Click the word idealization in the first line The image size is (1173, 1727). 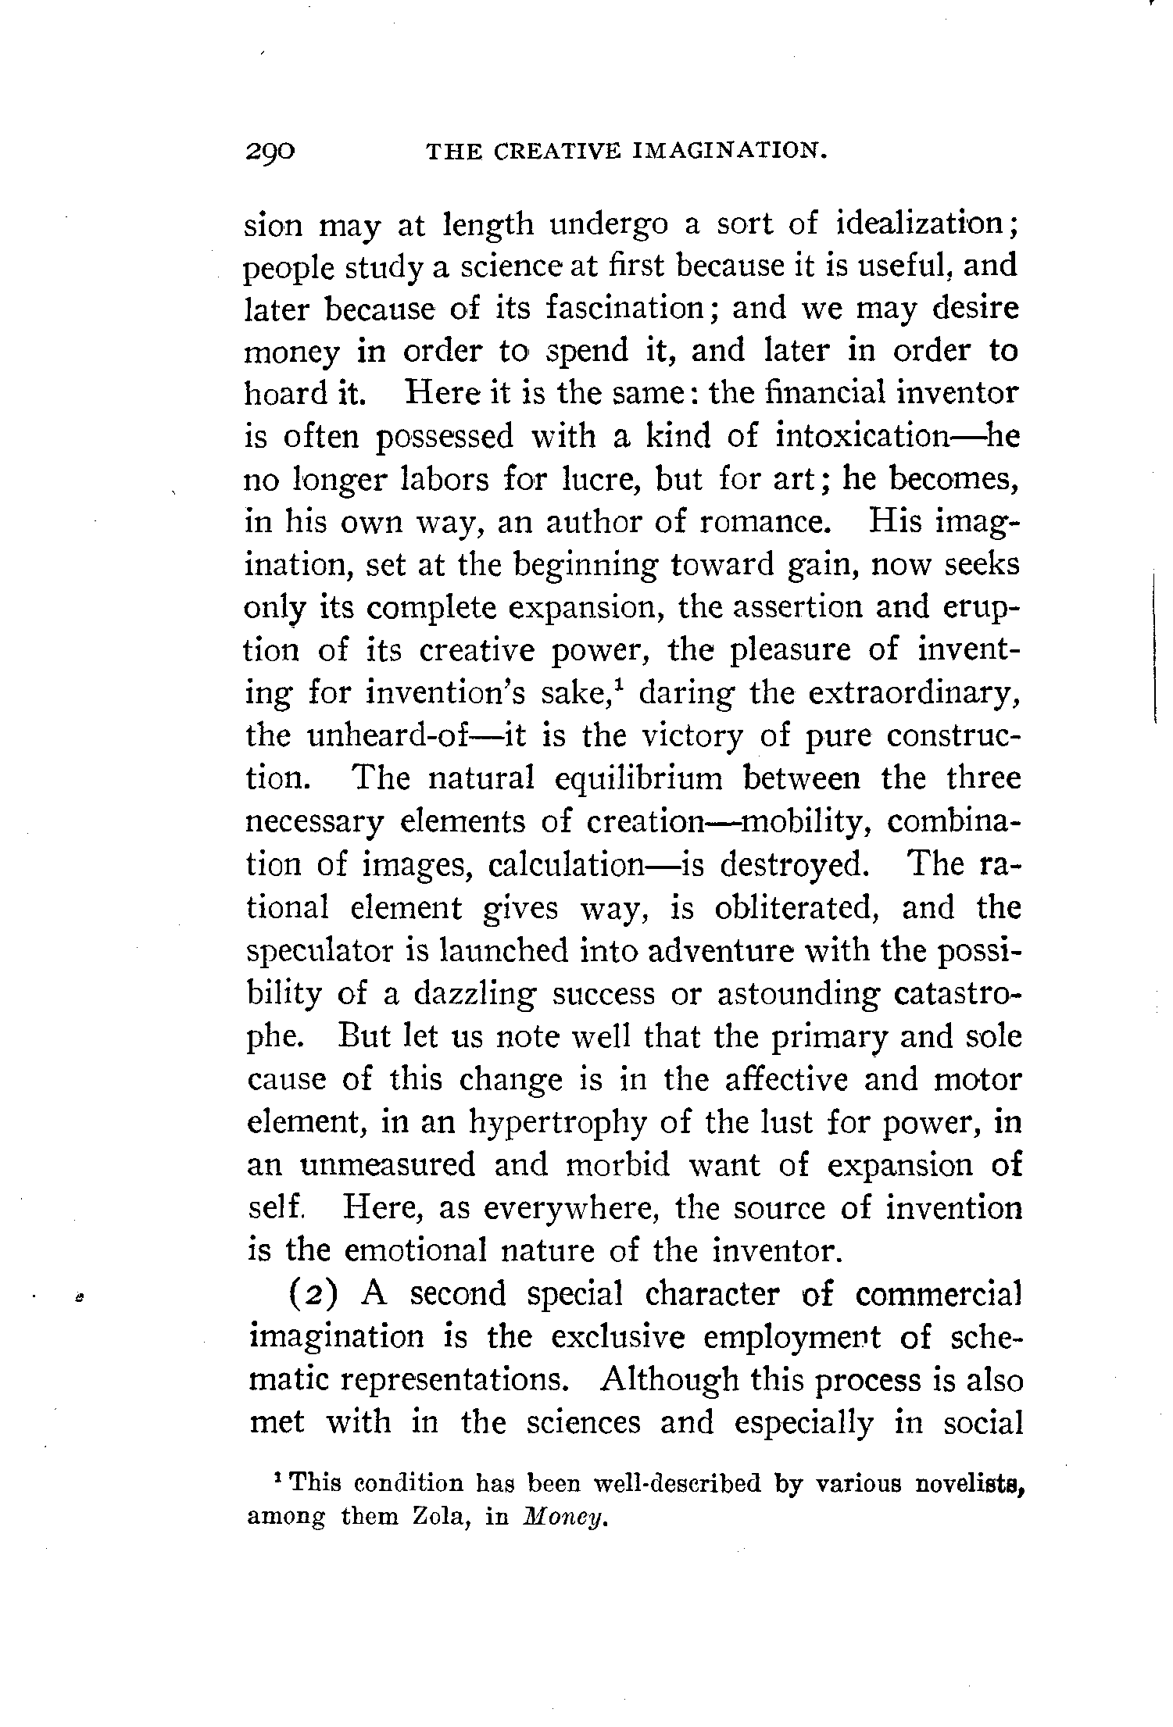click(x=918, y=225)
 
